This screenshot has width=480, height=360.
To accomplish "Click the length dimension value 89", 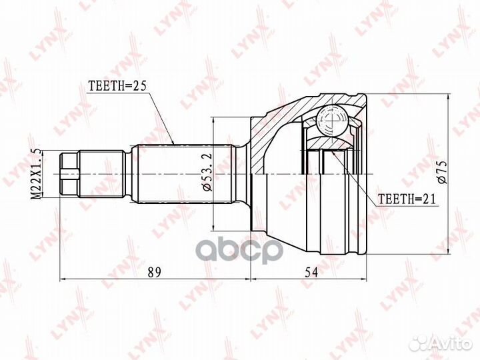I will tap(155, 273).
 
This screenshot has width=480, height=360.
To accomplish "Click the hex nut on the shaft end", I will tap(69, 175).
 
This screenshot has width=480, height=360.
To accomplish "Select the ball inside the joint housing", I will tap(331, 121).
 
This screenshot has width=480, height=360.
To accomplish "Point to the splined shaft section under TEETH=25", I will tap(180, 175).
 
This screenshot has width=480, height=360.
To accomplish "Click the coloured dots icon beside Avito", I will tap(421, 343).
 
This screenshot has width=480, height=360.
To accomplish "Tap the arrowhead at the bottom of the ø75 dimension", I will tap(448, 253).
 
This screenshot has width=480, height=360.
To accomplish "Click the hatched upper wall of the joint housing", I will tap(287, 110).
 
